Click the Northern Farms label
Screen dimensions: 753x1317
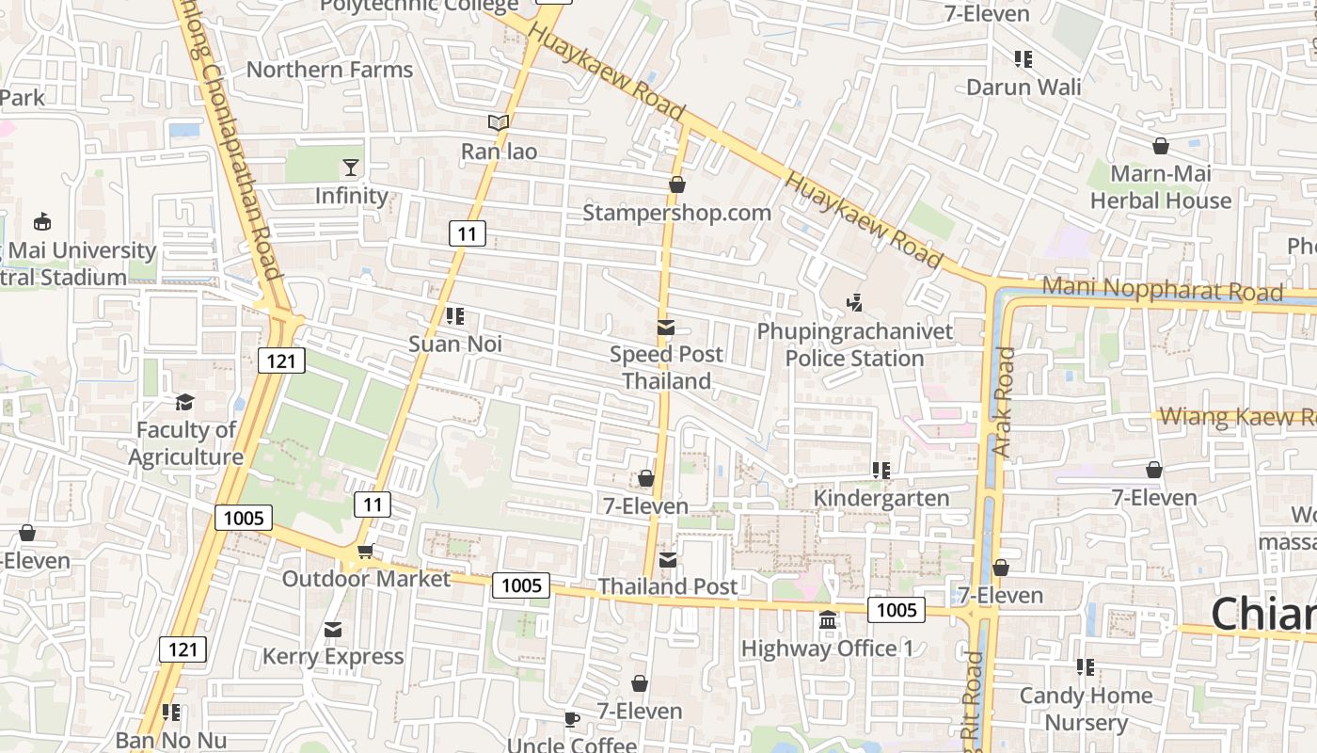pyautogui.click(x=329, y=70)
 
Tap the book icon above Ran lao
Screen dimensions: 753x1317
pyautogui.click(x=499, y=122)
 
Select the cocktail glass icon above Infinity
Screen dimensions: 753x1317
pyautogui.click(x=351, y=168)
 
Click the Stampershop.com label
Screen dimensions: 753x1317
pyautogui.click(x=676, y=213)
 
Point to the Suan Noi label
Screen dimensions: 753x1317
pyautogui.click(x=455, y=344)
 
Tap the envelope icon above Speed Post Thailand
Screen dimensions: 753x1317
pyautogui.click(x=666, y=328)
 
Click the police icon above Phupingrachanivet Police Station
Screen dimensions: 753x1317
pyautogui.click(x=854, y=303)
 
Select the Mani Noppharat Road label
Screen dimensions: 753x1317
pyautogui.click(x=1163, y=291)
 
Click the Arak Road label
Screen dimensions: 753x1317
pyautogui.click(x=1005, y=403)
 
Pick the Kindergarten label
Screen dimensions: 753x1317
pyautogui.click(x=881, y=498)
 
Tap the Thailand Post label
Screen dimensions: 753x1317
pyautogui.click(x=668, y=586)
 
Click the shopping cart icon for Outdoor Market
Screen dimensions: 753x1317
pyautogui.click(x=365, y=551)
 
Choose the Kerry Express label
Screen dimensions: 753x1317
pyautogui.click(x=333, y=656)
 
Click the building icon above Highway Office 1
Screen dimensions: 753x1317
pyautogui.click(x=828, y=620)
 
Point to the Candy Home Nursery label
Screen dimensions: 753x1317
pyautogui.click(x=1087, y=709)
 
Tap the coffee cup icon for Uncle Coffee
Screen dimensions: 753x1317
pyautogui.click(x=571, y=720)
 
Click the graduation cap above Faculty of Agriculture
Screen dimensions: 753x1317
pyautogui.click(x=185, y=403)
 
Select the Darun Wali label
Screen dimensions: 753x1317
pyautogui.click(x=1023, y=88)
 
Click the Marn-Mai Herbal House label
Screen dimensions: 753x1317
pyautogui.click(x=1161, y=187)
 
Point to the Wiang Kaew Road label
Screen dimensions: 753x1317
pyautogui.click(x=1237, y=417)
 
